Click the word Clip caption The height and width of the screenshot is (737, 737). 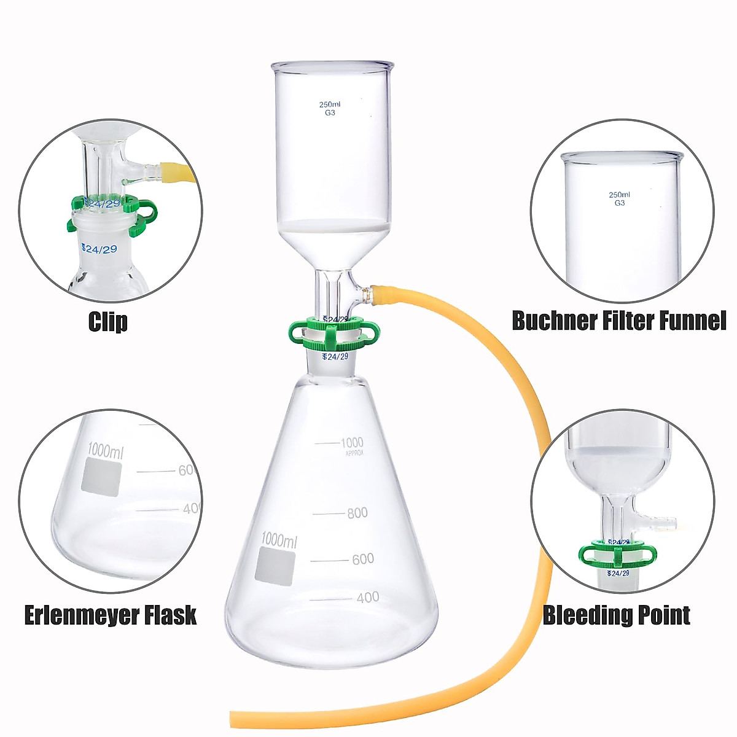[x=108, y=322]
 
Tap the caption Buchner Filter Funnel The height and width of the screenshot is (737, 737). [x=618, y=320]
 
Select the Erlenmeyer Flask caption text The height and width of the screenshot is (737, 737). [x=111, y=615]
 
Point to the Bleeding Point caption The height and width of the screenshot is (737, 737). [x=616, y=615]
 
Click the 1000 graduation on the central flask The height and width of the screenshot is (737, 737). [x=352, y=442]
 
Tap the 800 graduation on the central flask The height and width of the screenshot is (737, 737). [x=357, y=513]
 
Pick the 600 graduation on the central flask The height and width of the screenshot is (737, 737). [x=362, y=559]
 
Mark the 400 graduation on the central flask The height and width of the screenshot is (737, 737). [x=367, y=597]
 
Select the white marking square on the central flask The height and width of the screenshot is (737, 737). [x=275, y=566]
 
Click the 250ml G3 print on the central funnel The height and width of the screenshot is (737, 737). [x=330, y=108]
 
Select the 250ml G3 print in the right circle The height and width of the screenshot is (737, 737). [x=619, y=198]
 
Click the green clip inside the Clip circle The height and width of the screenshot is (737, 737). [x=114, y=212]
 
